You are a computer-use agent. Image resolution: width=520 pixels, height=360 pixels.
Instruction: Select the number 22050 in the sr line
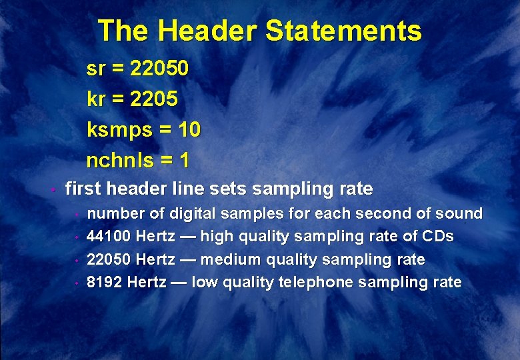[160, 68]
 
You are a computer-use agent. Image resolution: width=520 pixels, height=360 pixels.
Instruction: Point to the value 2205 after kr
[154, 99]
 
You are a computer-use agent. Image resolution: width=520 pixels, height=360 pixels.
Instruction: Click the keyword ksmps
[119, 130]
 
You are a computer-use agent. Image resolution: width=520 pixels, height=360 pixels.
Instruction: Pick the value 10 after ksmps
[189, 129]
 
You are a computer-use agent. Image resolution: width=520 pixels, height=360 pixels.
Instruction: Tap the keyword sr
[96, 69]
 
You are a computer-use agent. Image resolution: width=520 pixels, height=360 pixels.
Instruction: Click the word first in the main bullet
[83, 189]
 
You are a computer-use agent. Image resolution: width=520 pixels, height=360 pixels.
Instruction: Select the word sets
[227, 189]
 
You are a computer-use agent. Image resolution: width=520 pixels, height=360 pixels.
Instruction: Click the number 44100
[109, 237]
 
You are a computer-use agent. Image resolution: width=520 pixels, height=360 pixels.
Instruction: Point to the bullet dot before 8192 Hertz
[77, 283]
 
